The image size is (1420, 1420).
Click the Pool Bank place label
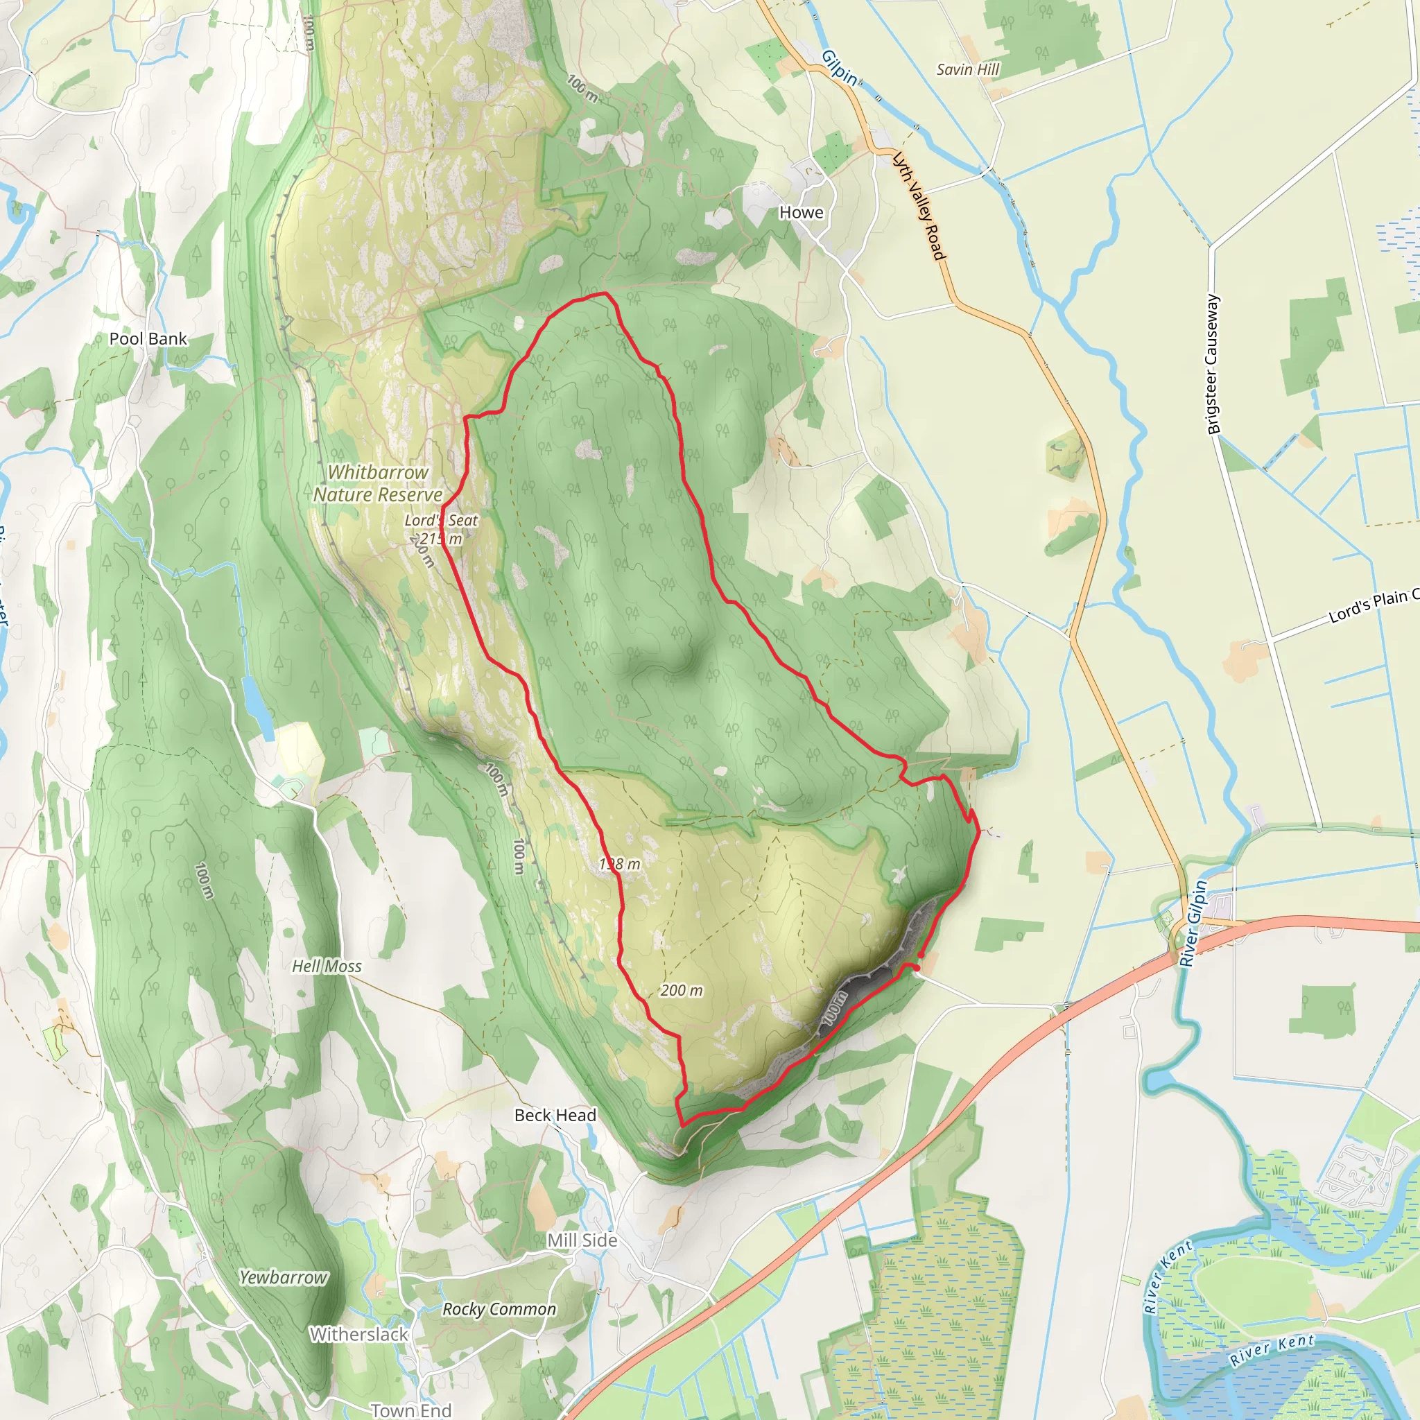148,339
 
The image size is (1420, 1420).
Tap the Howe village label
801,212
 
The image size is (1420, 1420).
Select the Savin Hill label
967,70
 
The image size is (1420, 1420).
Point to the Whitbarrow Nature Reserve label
378,484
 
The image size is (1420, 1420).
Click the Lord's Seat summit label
441,521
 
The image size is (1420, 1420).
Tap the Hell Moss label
327,967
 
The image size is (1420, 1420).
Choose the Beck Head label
555,1115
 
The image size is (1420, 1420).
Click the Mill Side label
582,1240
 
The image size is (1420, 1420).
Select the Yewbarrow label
284,1278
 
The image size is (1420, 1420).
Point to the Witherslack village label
358,1334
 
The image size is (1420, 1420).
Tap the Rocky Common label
499,1309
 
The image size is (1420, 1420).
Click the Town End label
411,1410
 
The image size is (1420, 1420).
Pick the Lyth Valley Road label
918,206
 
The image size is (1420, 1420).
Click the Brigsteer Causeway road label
1213,365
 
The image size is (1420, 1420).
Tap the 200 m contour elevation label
682,991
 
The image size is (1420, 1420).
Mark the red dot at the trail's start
917,968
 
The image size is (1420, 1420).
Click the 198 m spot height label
620,865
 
